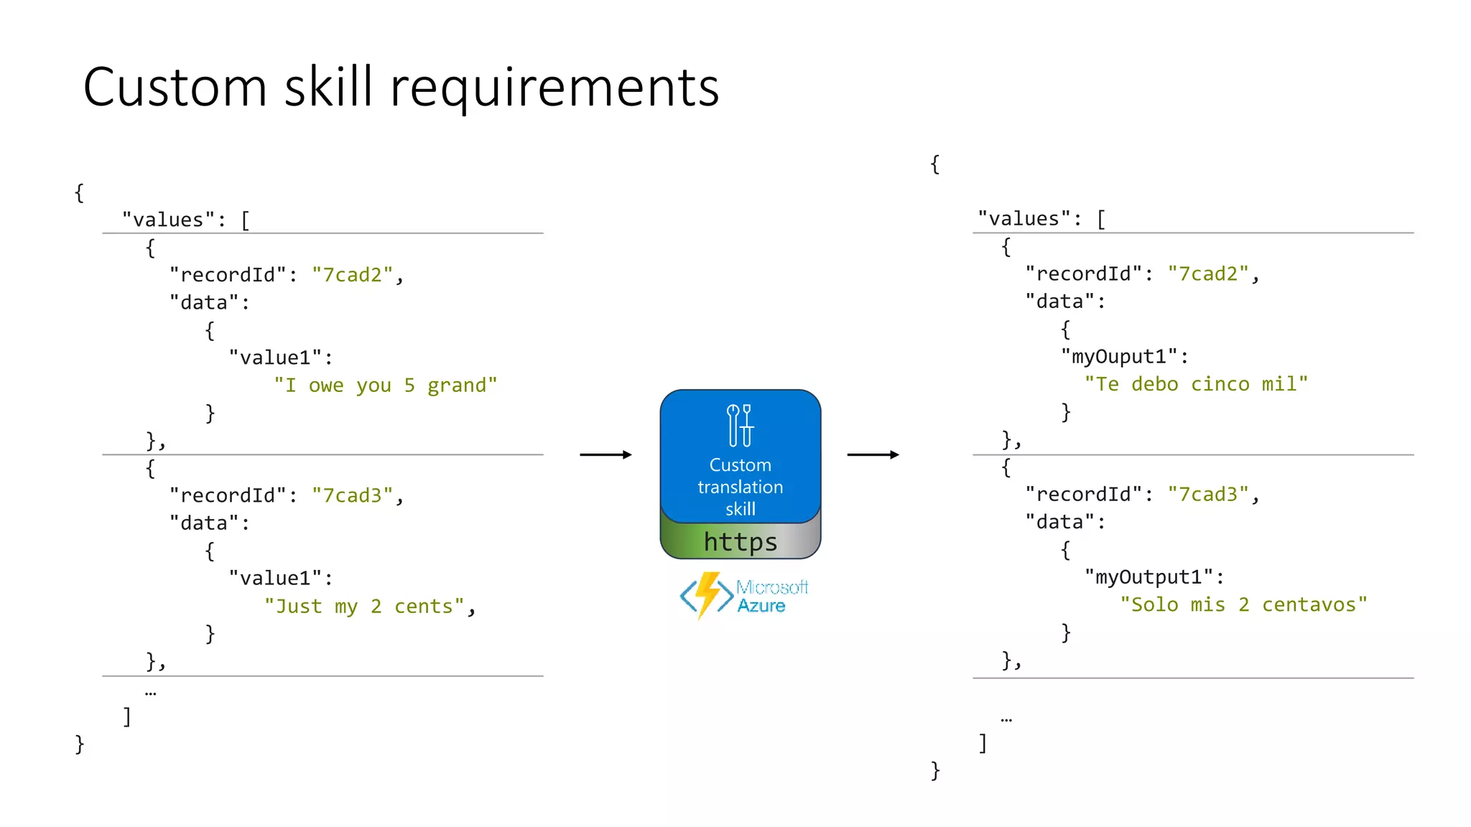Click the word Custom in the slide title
[x=175, y=88]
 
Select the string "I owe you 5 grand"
[x=385, y=386]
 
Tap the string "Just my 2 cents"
[x=364, y=607]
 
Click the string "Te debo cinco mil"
[x=1196, y=384]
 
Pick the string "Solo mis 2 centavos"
[x=1243, y=604]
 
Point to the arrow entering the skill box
[x=605, y=454]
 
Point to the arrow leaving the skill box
[x=873, y=454]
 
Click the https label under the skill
[x=741, y=542]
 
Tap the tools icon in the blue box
[x=740, y=425]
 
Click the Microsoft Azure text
[x=771, y=597]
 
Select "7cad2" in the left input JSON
[x=352, y=275]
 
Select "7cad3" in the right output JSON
[x=1208, y=495]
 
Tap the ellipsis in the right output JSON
[x=1006, y=719]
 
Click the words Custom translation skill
[x=741, y=487]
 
